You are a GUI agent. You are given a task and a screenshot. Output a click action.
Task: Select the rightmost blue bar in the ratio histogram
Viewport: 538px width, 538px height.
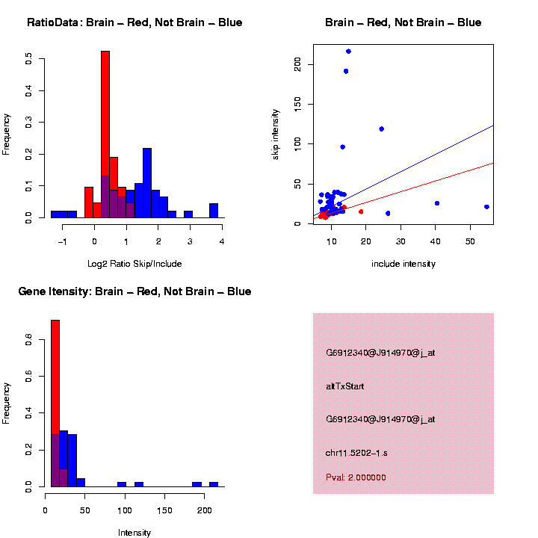tap(214, 210)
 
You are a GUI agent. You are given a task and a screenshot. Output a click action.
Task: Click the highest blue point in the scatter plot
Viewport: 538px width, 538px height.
tap(348, 52)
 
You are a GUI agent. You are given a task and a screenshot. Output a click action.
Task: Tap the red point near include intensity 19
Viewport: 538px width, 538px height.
tap(361, 211)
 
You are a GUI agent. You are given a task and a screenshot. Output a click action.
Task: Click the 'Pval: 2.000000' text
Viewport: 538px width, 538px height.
tap(356, 477)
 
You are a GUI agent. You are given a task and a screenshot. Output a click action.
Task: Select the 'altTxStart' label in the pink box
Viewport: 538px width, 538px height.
tap(344, 386)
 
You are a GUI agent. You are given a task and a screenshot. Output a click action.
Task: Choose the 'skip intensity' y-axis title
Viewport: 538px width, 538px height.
tap(276, 132)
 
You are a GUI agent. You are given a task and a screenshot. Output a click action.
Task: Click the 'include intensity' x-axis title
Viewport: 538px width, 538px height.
tap(403, 264)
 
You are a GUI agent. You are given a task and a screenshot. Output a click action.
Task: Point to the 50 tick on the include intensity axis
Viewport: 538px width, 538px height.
tap(469, 241)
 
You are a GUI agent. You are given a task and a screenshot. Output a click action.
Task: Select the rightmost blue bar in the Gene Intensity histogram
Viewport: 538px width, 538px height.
tap(214, 484)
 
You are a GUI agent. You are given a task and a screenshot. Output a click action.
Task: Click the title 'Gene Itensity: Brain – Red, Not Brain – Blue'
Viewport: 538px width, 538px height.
tap(135, 291)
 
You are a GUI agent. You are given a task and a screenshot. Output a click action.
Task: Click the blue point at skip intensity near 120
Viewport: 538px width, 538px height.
tap(381, 129)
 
